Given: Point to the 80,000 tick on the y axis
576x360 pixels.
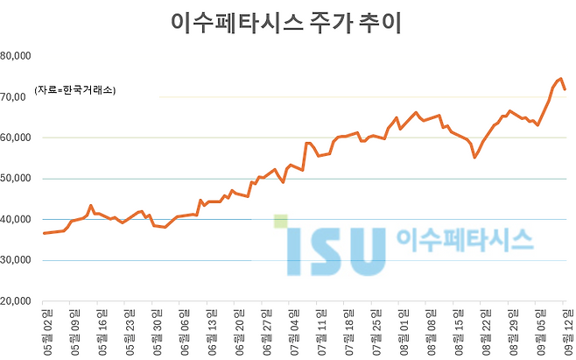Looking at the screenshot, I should click(16, 56).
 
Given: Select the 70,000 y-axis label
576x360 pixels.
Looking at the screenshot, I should click(16, 97).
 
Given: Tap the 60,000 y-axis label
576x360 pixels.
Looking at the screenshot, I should click(16, 138).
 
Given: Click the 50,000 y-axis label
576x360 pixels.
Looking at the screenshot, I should click(16, 179).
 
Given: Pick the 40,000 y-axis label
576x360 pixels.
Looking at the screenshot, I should click(16, 220).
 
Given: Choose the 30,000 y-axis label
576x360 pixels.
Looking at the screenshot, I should click(16, 260).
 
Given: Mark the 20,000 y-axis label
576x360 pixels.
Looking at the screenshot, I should click(16, 301).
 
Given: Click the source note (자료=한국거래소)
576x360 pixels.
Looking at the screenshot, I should click(75, 90).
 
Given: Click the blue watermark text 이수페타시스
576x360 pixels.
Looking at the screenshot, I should click(465, 239).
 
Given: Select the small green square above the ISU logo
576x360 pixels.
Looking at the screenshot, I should click(279, 221).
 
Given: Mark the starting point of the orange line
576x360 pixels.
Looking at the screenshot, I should click(44, 233).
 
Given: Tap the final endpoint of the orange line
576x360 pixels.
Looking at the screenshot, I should click(565, 89).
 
